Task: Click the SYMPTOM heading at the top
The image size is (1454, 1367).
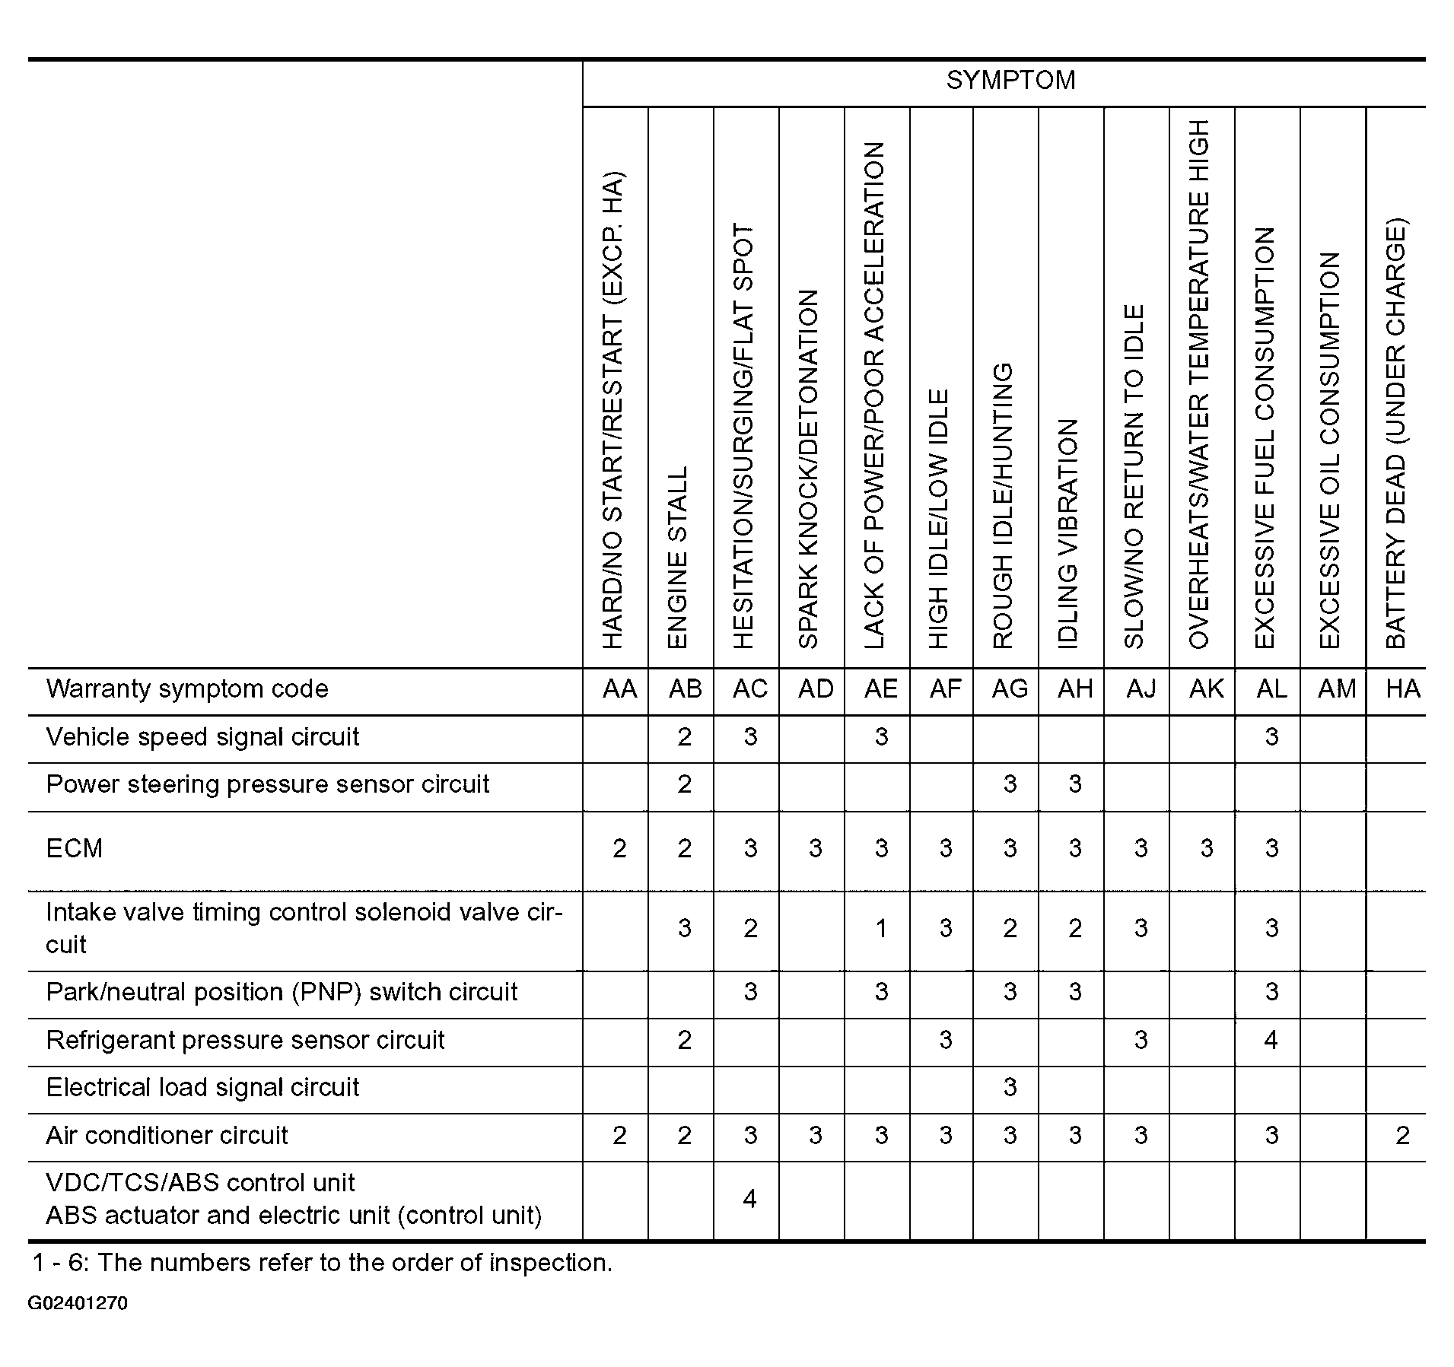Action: coord(1010,81)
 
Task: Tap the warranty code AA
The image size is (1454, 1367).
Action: coord(619,689)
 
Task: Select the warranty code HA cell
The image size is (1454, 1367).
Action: coord(1402,689)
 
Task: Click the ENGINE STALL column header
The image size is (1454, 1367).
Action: coord(677,557)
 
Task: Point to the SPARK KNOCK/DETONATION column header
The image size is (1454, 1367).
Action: coord(808,469)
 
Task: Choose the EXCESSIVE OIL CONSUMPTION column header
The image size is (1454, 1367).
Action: coord(1329,450)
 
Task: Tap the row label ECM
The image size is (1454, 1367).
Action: coord(75,848)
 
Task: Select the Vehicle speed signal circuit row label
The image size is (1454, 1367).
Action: coord(202,737)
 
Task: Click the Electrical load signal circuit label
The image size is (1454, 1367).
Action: coord(202,1088)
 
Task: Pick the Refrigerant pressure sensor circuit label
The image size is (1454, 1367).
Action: coord(245,1041)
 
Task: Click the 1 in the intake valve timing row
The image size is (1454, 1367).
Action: coord(881,928)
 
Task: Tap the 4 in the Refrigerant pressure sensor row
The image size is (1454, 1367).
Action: coord(1271,1040)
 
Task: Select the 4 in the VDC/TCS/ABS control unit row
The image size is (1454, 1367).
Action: coord(749,1200)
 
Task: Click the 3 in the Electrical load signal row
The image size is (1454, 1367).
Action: coord(1010,1088)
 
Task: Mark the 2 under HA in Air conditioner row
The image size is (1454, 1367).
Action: coord(1402,1136)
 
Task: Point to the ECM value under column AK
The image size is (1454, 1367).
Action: coord(1206,848)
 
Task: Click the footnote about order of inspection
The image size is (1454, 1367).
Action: coord(322,1263)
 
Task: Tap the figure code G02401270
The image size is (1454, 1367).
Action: coord(78,1304)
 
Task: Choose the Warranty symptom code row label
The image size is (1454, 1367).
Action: coord(187,689)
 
